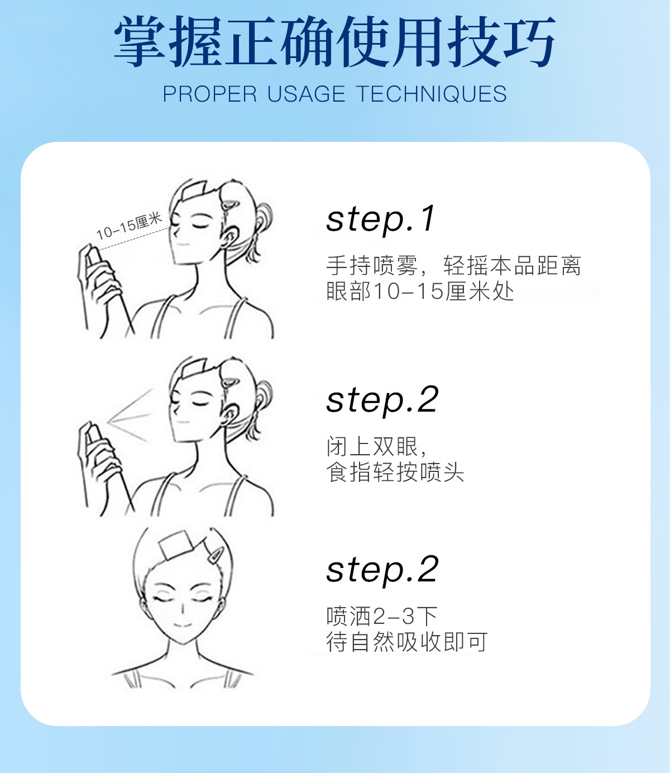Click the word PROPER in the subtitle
[210, 94]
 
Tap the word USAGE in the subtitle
[306, 94]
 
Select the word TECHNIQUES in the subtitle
[431, 94]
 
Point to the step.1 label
[381, 219]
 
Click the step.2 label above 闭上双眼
[382, 400]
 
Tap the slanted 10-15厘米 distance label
[130, 226]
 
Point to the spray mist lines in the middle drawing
[130, 416]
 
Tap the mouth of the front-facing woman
[183, 625]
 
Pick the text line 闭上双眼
[376, 446]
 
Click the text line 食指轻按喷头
[395, 473]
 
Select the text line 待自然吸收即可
[407, 642]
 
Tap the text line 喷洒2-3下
[382, 616]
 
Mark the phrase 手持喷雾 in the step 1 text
[372, 265]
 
